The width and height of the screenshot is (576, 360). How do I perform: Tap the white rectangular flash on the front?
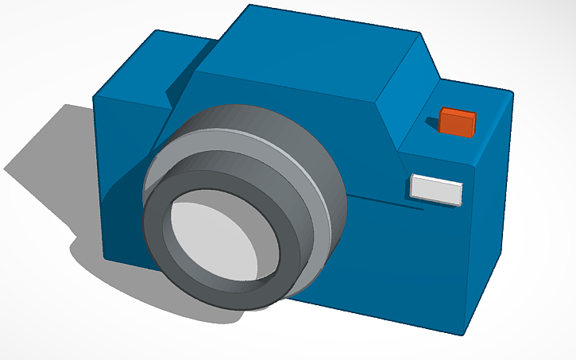(x=435, y=189)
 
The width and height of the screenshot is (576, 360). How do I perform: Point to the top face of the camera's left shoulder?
(x=175, y=60)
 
